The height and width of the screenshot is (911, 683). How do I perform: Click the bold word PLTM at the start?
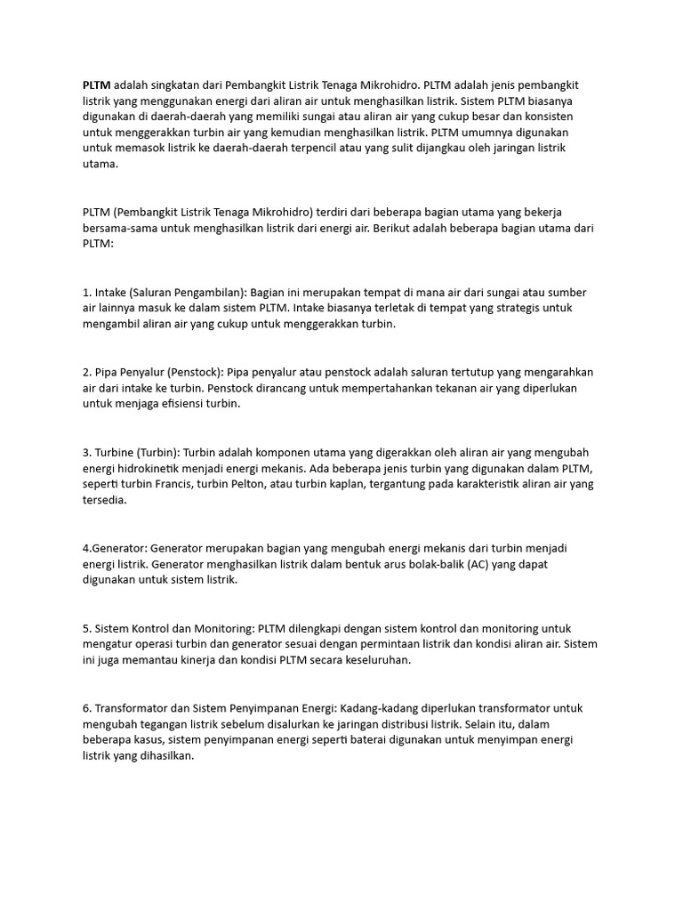coord(97,85)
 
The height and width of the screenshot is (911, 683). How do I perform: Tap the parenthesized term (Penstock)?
coord(195,371)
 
